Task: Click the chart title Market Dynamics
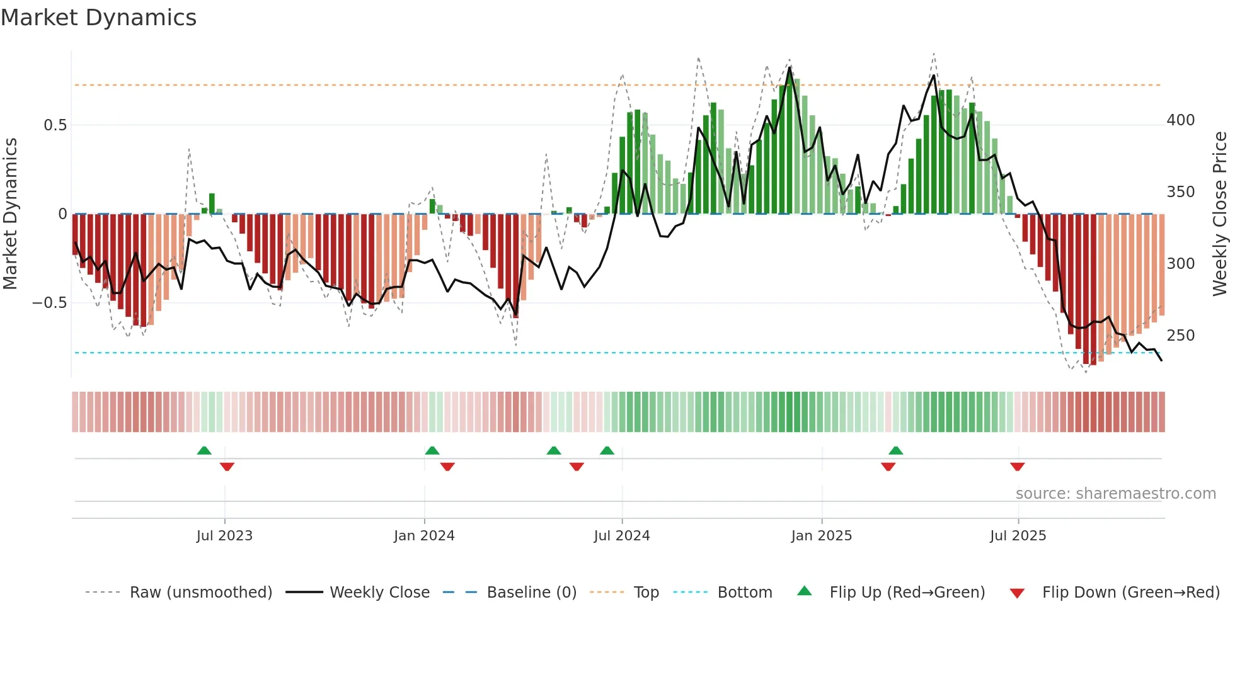pyautogui.click(x=98, y=18)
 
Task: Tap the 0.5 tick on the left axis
pyautogui.click(x=55, y=125)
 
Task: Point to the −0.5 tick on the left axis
pyautogui.click(x=50, y=303)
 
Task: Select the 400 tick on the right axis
pyautogui.click(x=1180, y=120)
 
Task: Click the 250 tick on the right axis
pyautogui.click(x=1180, y=336)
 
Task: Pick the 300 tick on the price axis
pyautogui.click(x=1180, y=264)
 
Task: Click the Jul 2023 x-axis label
pyautogui.click(x=224, y=536)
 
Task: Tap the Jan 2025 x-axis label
pyautogui.click(x=821, y=536)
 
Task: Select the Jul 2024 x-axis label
pyautogui.click(x=621, y=536)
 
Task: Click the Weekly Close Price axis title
pyautogui.click(x=1220, y=214)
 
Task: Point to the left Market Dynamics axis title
pyautogui.click(x=10, y=214)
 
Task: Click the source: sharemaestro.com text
pyautogui.click(x=1115, y=494)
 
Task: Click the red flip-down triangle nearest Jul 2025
pyautogui.click(x=1017, y=467)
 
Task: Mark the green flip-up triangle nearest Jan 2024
pyautogui.click(x=432, y=450)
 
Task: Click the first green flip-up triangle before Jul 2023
pyautogui.click(x=204, y=450)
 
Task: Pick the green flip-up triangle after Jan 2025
pyautogui.click(x=895, y=450)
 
